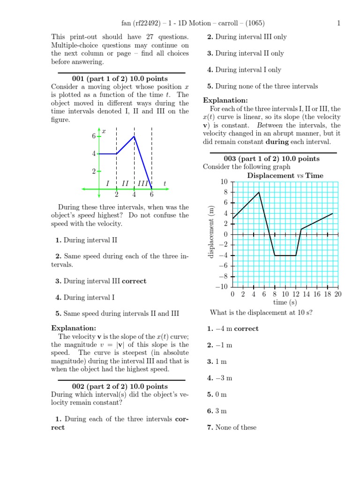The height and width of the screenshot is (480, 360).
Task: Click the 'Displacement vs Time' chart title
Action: click(285, 176)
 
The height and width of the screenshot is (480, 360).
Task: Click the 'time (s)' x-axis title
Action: click(285, 302)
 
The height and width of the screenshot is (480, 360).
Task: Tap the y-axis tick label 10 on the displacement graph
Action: click(224, 182)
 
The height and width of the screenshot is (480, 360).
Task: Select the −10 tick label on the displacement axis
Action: click(222, 287)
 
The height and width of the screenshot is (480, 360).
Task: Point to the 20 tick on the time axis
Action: click(337, 294)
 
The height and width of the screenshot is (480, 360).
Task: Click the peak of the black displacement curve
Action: click(259, 192)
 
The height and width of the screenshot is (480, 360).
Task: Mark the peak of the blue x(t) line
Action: click(135, 136)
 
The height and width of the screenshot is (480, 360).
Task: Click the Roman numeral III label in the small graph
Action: click(143, 183)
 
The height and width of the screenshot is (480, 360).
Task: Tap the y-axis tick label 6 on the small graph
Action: click(94, 136)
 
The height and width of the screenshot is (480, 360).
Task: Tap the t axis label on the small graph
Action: click(165, 183)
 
